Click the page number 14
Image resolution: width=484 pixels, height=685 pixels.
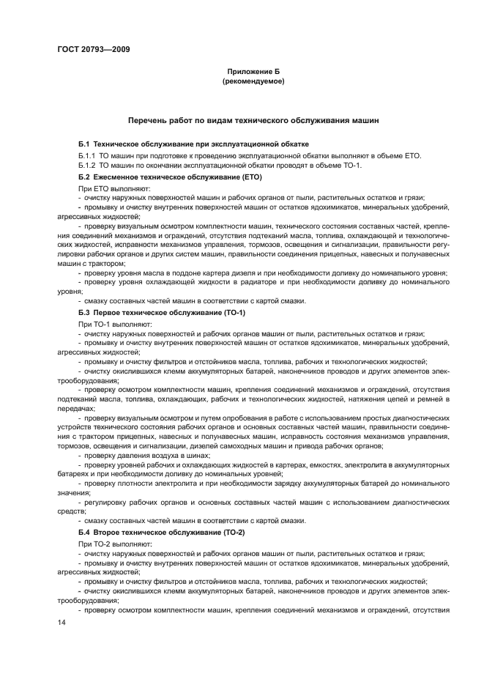[x=62, y=622]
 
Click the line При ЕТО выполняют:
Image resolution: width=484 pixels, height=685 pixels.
[x=110, y=188]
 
